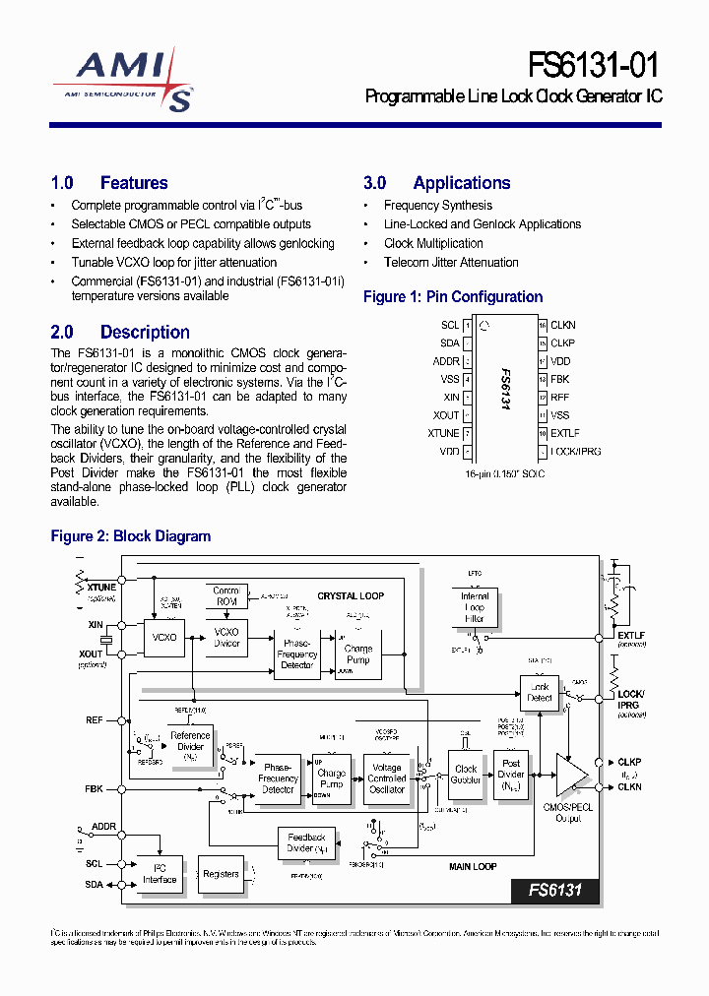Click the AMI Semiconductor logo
click(x=124, y=82)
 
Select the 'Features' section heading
click(x=134, y=183)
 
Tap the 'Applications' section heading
click(x=461, y=183)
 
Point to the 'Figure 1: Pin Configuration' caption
click(x=453, y=297)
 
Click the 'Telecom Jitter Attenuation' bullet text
click(x=451, y=263)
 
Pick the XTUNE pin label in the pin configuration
click(x=443, y=433)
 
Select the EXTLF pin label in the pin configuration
click(x=566, y=433)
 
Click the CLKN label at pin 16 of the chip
click(x=563, y=325)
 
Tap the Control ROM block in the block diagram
click(x=226, y=596)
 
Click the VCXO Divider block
click(x=226, y=637)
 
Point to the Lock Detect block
click(x=540, y=692)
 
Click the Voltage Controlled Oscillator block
click(x=386, y=778)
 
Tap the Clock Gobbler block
click(x=466, y=775)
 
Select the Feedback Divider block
click(x=306, y=843)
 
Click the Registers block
click(x=221, y=874)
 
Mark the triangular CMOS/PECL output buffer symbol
click(x=571, y=776)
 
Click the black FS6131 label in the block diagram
click(x=555, y=891)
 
